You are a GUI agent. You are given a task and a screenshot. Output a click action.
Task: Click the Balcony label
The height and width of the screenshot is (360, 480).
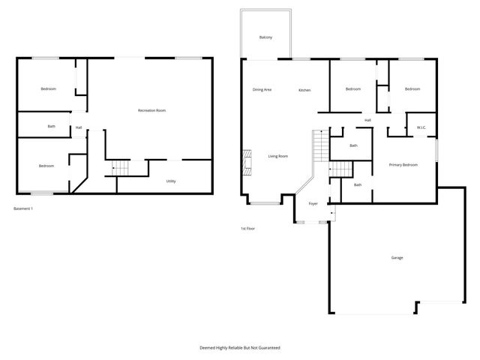[x=265, y=37]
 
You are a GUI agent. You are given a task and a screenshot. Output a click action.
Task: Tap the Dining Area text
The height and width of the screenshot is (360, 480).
[x=262, y=90]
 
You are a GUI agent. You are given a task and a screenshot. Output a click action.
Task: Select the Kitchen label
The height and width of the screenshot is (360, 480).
[x=304, y=90]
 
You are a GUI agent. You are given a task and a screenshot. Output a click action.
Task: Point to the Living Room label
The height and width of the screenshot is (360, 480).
[x=278, y=156]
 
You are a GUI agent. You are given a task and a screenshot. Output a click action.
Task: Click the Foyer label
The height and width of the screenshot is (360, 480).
[x=313, y=202]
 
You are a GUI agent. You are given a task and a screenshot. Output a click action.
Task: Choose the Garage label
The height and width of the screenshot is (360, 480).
[x=397, y=258]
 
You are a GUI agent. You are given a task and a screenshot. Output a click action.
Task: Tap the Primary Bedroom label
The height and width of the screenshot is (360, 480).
[x=403, y=164]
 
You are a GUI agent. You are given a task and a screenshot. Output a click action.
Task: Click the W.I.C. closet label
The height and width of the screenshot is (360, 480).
[x=421, y=127]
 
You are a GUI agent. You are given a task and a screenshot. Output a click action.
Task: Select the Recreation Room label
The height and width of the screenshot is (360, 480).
[x=151, y=110]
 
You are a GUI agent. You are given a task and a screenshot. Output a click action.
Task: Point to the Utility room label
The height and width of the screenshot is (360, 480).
[x=171, y=181]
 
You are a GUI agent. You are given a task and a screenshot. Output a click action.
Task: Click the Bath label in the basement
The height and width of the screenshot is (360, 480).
[x=51, y=126]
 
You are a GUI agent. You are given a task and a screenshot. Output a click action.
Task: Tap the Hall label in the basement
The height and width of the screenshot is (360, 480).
[x=79, y=127]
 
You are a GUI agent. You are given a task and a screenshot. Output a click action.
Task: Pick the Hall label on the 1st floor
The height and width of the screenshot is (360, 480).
[x=367, y=120]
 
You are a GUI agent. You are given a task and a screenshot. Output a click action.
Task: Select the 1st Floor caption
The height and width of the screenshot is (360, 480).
[x=248, y=228]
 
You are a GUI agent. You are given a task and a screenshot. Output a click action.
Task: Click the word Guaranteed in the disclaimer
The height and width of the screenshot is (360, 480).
[x=265, y=347]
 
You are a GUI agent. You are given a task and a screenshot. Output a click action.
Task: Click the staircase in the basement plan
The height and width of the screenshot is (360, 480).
[x=115, y=168]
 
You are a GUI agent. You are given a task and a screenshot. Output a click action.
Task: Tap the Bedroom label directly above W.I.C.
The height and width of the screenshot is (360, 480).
[x=412, y=89]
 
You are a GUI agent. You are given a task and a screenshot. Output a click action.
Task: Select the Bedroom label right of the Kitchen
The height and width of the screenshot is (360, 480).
[x=353, y=89]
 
